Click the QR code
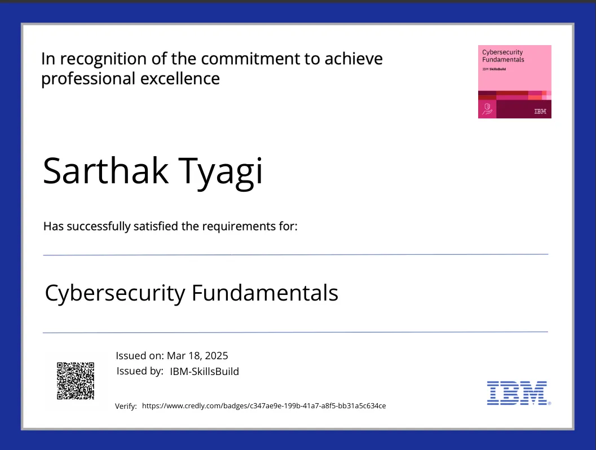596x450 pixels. [75, 380]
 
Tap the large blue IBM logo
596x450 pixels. [518, 393]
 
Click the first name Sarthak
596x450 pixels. [105, 170]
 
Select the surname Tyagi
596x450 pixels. [220, 171]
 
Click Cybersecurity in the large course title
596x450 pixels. [114, 293]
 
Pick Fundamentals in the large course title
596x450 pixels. [264, 293]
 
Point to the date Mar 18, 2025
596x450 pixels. [197, 356]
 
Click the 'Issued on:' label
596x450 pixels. [139, 356]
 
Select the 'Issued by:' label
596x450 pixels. [140, 371]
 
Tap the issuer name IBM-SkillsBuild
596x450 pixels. [204, 371]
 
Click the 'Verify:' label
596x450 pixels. [126, 406]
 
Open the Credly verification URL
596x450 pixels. [264, 405]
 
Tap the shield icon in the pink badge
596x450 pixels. [487, 108]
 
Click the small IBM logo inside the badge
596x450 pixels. [540, 111]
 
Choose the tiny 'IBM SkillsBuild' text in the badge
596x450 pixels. [494, 69]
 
